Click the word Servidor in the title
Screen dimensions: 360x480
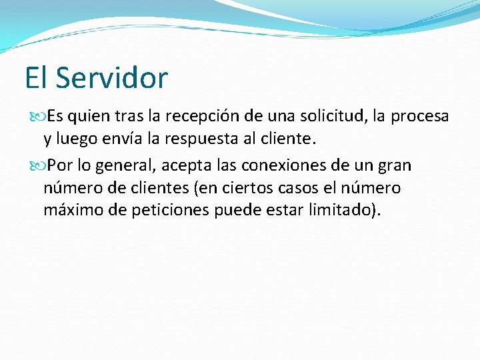click(111, 77)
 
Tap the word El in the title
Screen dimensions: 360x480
click(37, 77)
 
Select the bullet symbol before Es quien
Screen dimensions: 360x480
click(37, 117)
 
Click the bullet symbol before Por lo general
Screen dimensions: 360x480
click(37, 165)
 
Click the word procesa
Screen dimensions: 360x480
click(420, 117)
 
